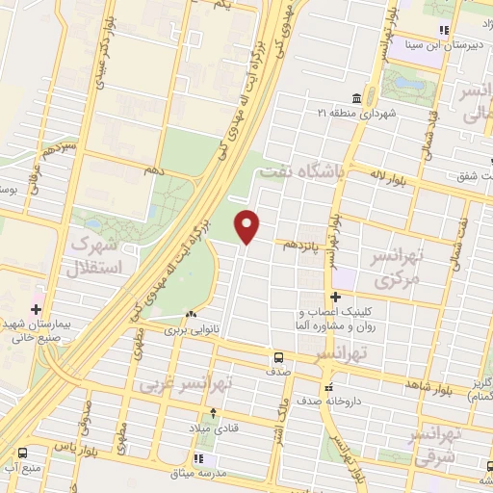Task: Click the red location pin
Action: click(248, 224)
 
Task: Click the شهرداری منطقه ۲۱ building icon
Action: click(356, 99)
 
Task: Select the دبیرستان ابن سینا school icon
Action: click(444, 30)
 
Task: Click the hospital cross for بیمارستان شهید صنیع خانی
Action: click(36, 310)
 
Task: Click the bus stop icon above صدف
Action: click(277, 355)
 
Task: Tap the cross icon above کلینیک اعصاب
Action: click(335, 297)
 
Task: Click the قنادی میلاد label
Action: click(214, 428)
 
